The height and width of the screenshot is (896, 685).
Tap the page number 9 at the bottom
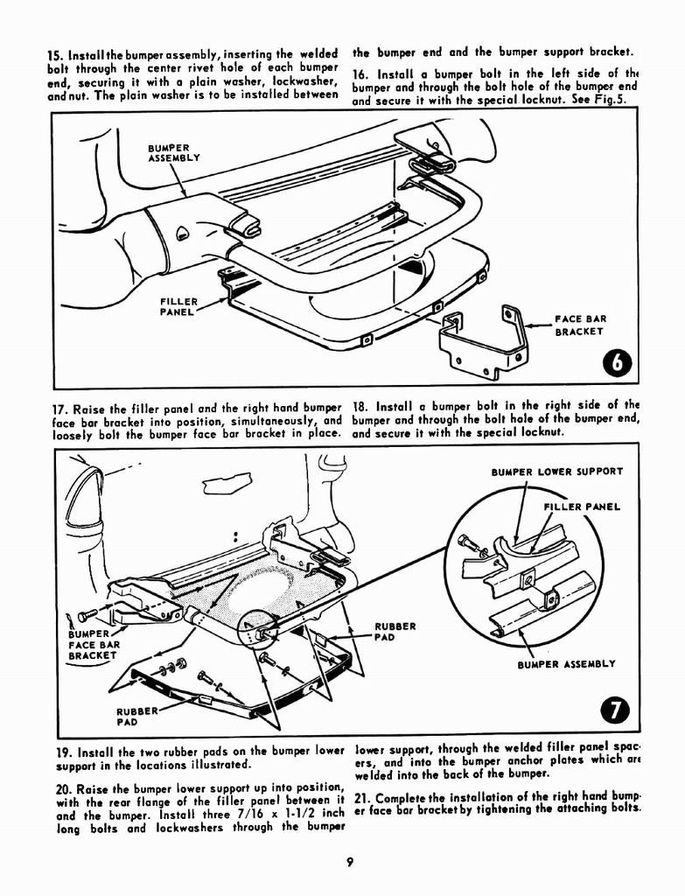[348, 864]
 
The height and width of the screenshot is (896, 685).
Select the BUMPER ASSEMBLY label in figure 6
[172, 153]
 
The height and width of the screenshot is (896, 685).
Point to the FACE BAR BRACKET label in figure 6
[580, 325]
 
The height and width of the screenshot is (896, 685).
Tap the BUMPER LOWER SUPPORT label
[557, 472]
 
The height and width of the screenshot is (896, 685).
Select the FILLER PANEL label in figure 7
[581, 507]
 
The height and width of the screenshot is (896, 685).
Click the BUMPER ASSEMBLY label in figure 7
[566, 664]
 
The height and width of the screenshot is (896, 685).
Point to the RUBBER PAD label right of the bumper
[395, 632]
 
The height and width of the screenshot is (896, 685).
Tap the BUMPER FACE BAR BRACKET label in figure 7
[92, 645]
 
